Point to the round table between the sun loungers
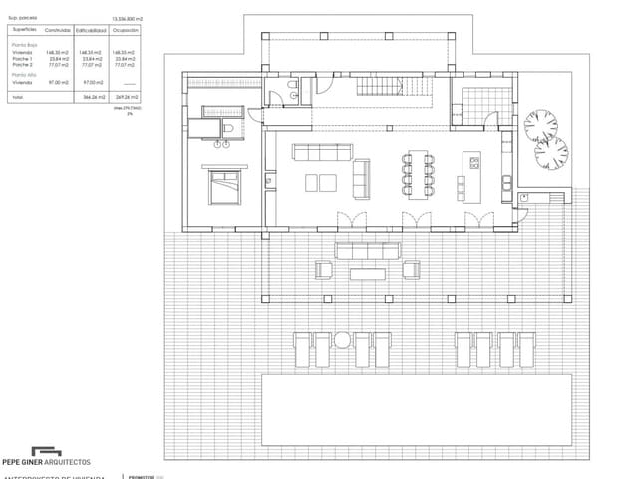point(342,339)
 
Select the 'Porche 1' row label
point(22,58)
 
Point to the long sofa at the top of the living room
point(322,153)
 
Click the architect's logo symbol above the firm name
point(46,450)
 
